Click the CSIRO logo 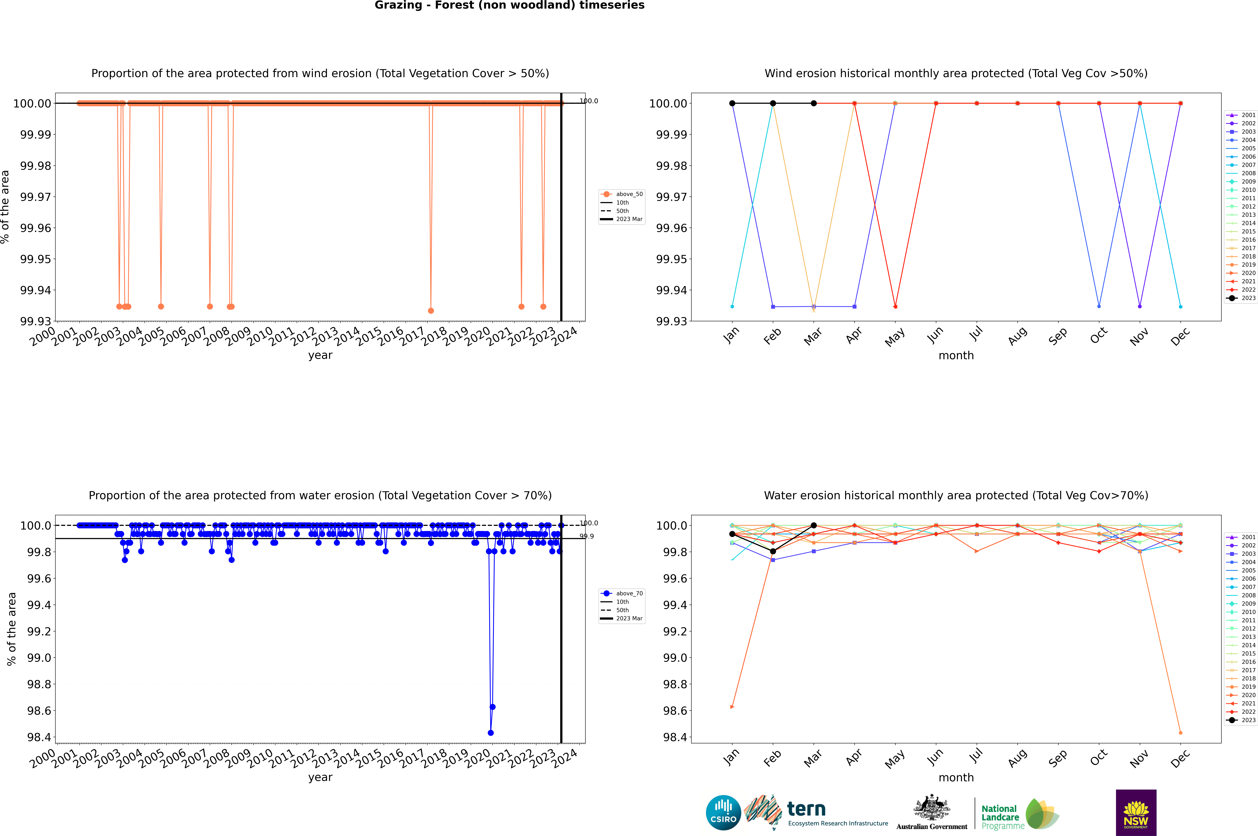coord(723,813)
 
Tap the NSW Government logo coord(1136,813)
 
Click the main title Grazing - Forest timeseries coord(509,5)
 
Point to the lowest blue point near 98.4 coord(491,733)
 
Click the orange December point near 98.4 coord(1180,733)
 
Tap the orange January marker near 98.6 coord(732,707)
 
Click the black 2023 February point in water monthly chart coord(773,551)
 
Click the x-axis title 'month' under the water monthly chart coord(956,777)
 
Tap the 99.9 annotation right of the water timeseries coord(587,536)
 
